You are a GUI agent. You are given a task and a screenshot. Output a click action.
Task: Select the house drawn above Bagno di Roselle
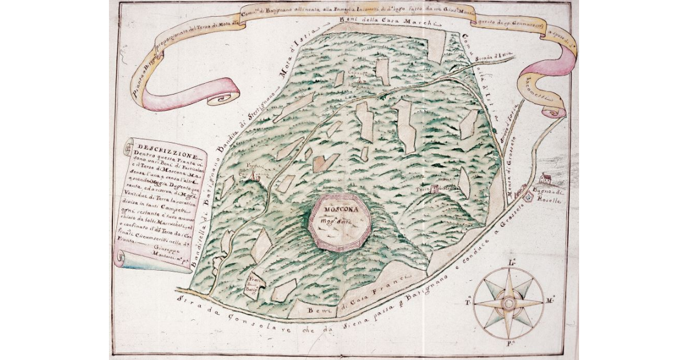pos(546,179)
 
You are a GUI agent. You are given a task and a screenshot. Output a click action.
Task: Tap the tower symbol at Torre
pos(435,186)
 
